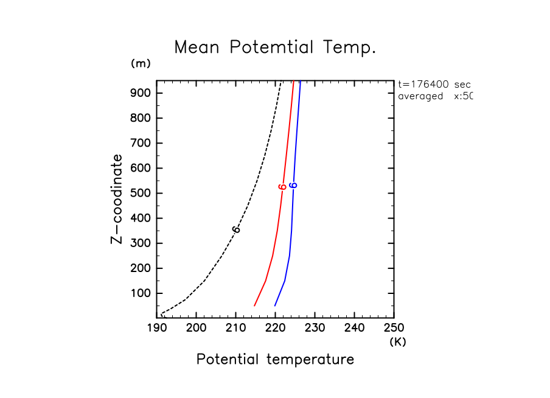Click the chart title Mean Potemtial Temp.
coord(275,47)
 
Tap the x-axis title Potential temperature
coord(275,359)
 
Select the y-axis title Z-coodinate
coord(116,198)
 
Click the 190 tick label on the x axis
coord(157,329)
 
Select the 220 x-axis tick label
coord(276,329)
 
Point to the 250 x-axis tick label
coord(394,329)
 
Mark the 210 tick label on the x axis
coord(236,329)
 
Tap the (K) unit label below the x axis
coord(397,342)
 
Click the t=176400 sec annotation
coord(434,84)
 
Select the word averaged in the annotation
coord(420,96)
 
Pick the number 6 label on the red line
coord(282,187)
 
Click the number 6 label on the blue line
coord(293,185)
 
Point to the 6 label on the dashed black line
coord(236,229)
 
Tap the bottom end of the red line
coord(254,305)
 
